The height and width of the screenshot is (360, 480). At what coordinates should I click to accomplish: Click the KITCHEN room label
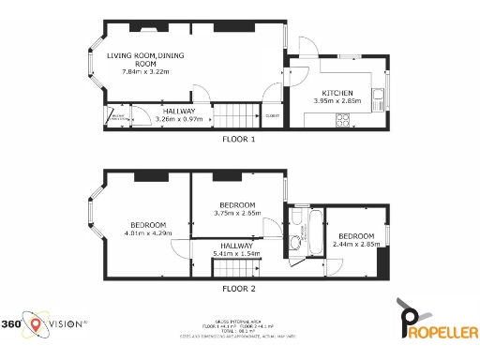point(337,93)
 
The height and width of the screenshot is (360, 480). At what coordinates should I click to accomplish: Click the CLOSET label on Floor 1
point(272,115)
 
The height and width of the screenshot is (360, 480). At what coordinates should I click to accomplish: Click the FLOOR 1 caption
point(239,139)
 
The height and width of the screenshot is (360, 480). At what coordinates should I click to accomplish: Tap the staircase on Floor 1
point(239,116)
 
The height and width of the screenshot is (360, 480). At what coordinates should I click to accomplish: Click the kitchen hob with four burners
point(344,118)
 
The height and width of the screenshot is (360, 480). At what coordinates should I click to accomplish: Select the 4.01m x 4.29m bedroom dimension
point(148,232)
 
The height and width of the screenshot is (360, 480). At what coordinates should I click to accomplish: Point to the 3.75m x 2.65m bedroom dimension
point(237,213)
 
